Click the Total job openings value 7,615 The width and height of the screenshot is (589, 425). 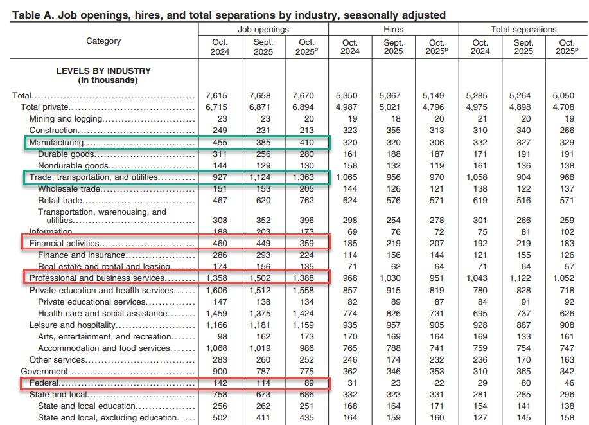click(219, 96)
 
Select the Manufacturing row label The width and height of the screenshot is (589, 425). click(57, 142)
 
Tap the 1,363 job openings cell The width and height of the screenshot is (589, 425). click(306, 177)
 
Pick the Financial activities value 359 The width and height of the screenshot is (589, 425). click(306, 244)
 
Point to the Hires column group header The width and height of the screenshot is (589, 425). click(393, 29)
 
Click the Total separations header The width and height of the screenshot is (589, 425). click(523, 29)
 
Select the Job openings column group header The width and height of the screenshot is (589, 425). click(263, 29)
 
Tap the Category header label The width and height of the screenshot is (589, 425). click(103, 41)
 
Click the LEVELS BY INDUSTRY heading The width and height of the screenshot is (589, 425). click(103, 71)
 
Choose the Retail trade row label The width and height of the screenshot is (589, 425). click(60, 201)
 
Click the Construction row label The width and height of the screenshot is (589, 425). click(53, 131)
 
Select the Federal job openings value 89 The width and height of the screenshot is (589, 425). click(306, 383)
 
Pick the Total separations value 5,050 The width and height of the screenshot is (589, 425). click(567, 96)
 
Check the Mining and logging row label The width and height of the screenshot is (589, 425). click(66, 119)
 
